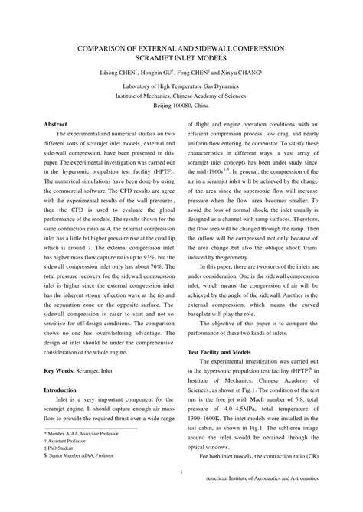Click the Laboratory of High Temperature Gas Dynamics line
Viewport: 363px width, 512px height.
181,87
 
